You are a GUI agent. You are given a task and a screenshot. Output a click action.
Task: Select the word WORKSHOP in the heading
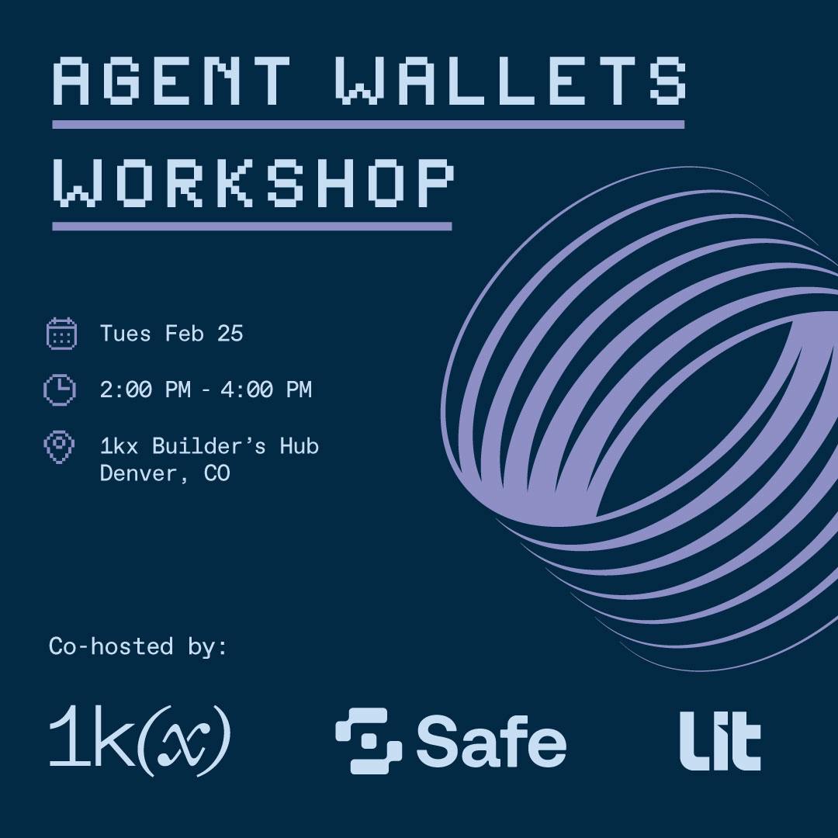tap(254, 182)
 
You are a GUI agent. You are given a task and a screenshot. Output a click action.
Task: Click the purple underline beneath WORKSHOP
tap(251, 227)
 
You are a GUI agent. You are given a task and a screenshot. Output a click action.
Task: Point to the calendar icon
tap(61, 334)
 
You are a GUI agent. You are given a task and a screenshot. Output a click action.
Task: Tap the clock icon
tap(60, 389)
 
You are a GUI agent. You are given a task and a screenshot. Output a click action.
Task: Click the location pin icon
tap(59, 447)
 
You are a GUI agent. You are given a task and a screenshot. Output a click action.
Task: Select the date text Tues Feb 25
tap(171, 334)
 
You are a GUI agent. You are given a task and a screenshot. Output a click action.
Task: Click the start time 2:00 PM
tap(145, 390)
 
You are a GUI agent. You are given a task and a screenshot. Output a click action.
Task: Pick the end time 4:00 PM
tap(265, 390)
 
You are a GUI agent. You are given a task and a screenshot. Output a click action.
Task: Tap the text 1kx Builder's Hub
tap(209, 445)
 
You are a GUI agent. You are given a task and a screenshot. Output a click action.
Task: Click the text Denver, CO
tap(165, 473)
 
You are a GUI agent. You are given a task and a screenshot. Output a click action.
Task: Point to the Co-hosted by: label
tap(138, 646)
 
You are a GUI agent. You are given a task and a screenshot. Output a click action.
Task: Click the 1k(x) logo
tap(140, 739)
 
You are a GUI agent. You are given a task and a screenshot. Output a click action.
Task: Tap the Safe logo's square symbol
tap(369, 741)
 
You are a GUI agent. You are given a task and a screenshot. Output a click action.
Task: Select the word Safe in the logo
tap(491, 740)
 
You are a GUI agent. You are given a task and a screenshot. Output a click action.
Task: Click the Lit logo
tap(720, 741)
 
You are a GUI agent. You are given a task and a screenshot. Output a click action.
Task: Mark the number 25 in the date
tap(230, 334)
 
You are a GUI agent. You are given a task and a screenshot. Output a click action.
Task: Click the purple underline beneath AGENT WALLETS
tap(369, 124)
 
